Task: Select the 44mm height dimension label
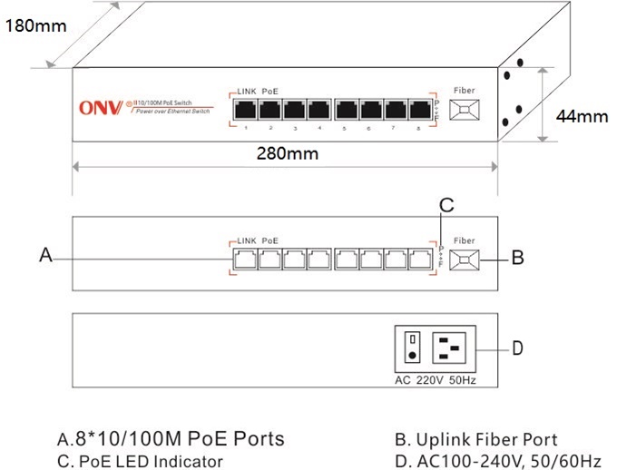[x=581, y=116]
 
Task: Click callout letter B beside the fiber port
[x=517, y=258]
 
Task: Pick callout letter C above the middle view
[x=445, y=205]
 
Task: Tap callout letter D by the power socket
[x=517, y=348]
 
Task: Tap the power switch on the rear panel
[x=412, y=347]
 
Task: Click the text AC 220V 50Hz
[x=436, y=379]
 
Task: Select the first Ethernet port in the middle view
[x=245, y=258]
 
